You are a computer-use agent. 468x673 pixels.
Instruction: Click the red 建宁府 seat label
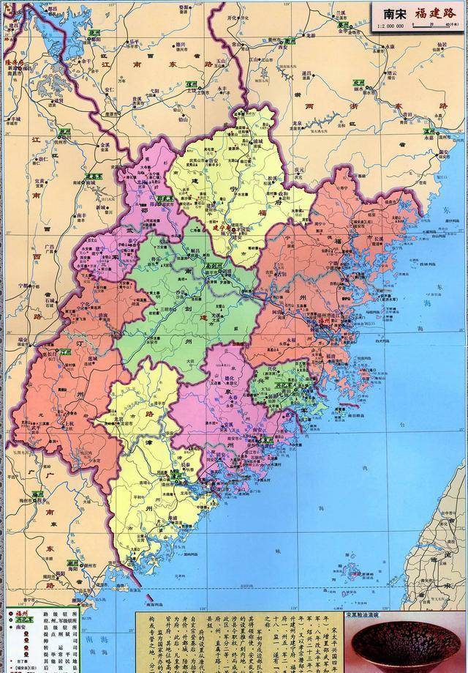[221, 228]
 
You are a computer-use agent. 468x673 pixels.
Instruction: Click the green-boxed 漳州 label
[175, 475]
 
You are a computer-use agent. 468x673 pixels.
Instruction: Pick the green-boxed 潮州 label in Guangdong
[72, 563]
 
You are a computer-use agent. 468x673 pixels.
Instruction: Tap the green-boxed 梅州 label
[37, 495]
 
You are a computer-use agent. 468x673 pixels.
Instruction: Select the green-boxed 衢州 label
[341, 23]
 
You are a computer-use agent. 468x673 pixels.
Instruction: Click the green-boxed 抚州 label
[66, 133]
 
